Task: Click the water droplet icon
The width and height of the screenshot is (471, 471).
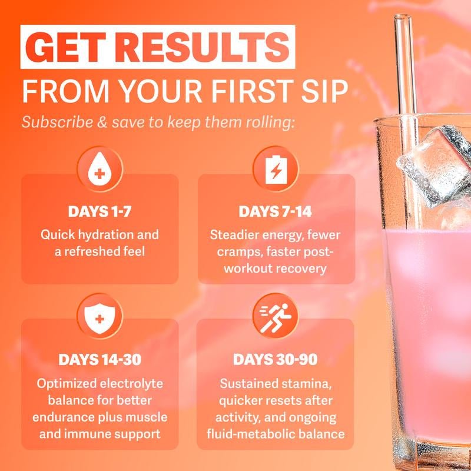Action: point(99,169)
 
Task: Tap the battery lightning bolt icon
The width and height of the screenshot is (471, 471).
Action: point(276,169)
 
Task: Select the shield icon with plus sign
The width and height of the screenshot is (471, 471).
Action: point(99,318)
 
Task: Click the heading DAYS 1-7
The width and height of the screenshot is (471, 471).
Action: point(99,211)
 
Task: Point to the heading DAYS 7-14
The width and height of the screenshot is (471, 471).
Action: point(275,211)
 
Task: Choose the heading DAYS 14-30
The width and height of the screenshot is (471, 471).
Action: point(99,360)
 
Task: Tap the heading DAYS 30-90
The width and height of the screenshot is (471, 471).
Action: point(275,360)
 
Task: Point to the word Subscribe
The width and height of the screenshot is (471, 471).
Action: point(57,122)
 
